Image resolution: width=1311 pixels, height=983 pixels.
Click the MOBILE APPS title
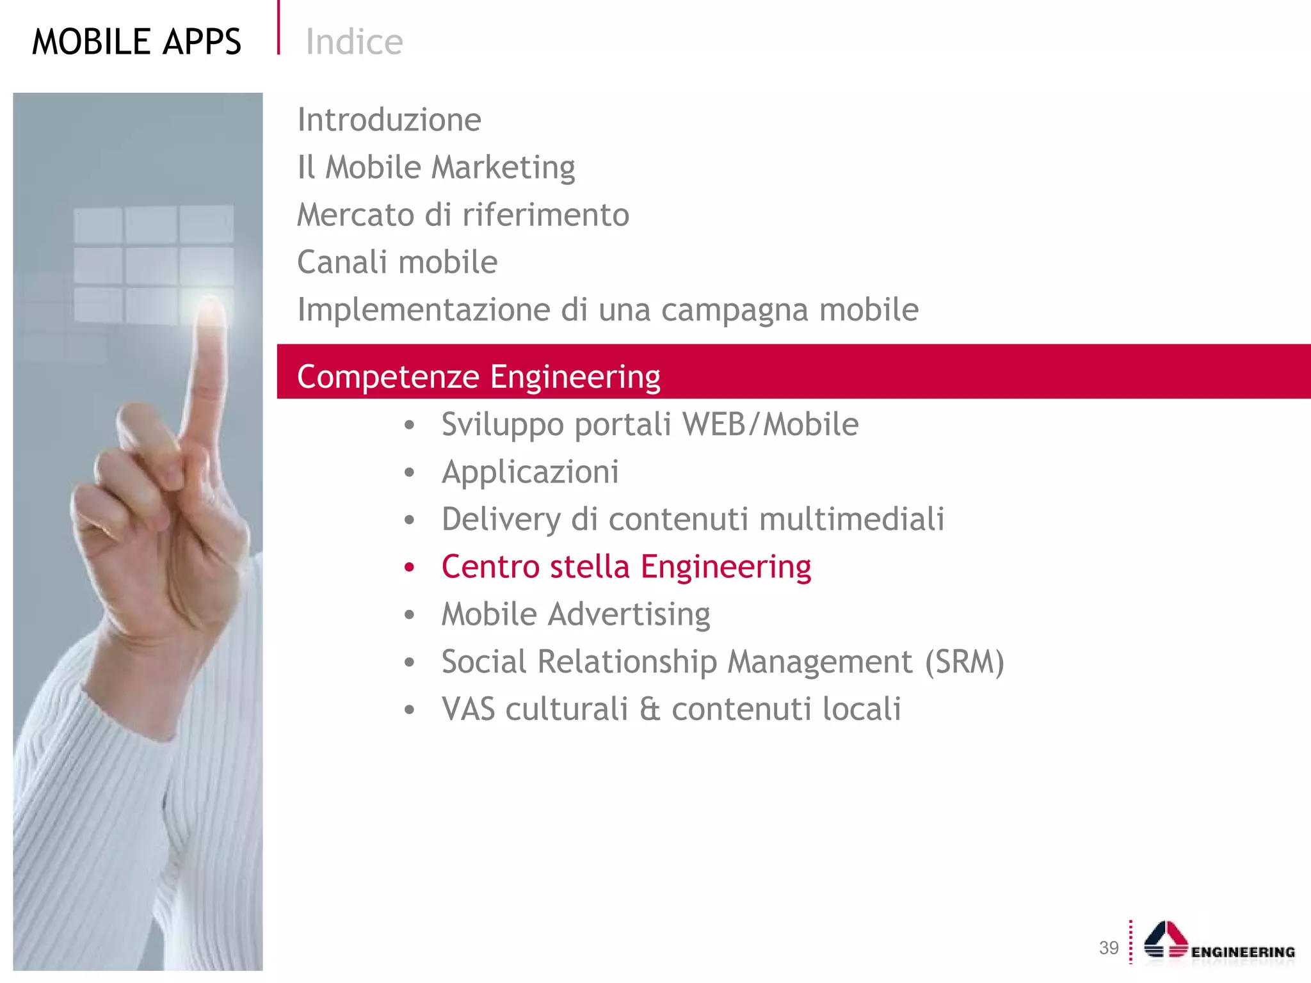tap(136, 42)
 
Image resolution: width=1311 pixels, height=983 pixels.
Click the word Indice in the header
tap(354, 42)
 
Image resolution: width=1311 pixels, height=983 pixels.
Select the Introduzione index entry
tap(389, 120)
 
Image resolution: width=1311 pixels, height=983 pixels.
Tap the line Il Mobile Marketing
tap(436, 168)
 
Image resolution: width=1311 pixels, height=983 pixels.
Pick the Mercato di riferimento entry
tap(463, 215)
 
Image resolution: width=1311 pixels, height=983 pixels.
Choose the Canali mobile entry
tap(397, 262)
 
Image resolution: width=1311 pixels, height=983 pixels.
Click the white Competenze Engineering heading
tap(478, 376)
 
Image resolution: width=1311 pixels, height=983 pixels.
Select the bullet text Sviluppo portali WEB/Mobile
tap(650, 424)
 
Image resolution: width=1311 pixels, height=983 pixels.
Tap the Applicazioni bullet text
tap(530, 472)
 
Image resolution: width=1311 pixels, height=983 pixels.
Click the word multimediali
tap(851, 519)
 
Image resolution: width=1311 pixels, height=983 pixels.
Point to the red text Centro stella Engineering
tap(626, 567)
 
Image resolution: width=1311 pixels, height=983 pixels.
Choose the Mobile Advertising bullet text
tap(575, 614)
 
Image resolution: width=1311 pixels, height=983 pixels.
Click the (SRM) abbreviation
tap(964, 662)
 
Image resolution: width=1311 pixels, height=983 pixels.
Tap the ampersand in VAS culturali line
tap(649, 710)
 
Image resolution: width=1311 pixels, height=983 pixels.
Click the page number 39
tap(1109, 948)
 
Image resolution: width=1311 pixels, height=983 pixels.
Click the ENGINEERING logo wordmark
tap(1243, 952)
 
